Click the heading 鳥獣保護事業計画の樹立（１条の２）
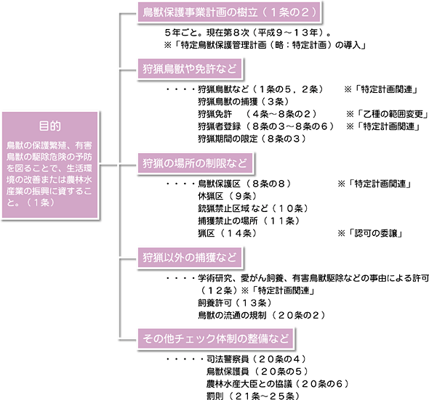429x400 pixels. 229,12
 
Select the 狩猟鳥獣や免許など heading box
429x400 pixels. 190,68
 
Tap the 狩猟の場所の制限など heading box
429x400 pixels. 195,163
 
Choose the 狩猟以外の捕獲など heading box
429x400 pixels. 190,258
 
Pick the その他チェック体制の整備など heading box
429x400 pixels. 216,338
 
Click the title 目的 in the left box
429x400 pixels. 49,126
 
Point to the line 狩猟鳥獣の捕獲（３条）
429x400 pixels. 244,102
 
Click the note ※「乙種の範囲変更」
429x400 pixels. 387,114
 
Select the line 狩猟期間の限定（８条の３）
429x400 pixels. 252,139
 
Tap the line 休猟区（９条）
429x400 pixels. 228,196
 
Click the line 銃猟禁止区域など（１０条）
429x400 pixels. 253,208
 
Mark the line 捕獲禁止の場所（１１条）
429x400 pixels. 249,221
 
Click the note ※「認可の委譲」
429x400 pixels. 369,233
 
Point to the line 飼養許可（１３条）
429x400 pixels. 235,303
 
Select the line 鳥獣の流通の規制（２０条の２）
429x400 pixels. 262,315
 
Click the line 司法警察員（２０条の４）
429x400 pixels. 257,359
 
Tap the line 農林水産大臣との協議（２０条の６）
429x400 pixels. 278,384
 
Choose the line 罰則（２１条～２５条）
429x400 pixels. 253,396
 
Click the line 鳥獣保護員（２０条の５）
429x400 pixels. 257,372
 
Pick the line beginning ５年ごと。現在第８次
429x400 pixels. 248,33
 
